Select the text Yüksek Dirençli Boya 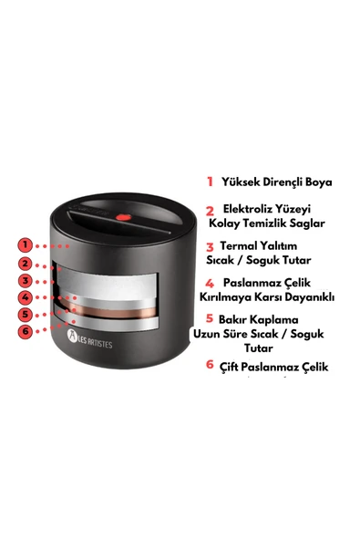[276, 182]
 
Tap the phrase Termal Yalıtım [264, 245]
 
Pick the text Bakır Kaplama [263, 318]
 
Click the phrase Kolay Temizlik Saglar [267, 223]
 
